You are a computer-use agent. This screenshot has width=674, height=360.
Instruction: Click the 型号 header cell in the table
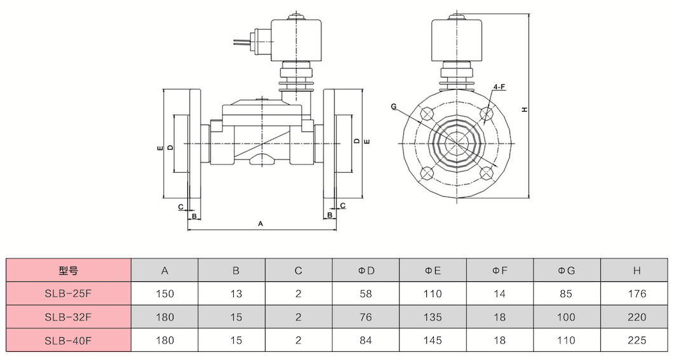click(69, 270)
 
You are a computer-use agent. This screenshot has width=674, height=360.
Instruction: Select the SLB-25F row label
click(69, 294)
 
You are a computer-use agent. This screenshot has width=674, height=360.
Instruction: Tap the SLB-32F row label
click(69, 317)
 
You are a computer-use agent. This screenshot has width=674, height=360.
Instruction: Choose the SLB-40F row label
click(69, 341)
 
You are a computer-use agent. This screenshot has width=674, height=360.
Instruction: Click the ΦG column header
click(566, 270)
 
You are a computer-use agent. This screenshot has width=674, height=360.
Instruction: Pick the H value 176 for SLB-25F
click(637, 294)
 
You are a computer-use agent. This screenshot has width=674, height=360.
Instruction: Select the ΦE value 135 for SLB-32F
click(433, 317)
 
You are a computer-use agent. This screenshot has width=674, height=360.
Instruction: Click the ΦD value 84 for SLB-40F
click(365, 341)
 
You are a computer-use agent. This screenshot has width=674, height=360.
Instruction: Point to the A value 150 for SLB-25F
click(165, 294)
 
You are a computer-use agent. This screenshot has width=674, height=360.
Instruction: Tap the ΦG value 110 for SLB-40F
click(566, 341)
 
